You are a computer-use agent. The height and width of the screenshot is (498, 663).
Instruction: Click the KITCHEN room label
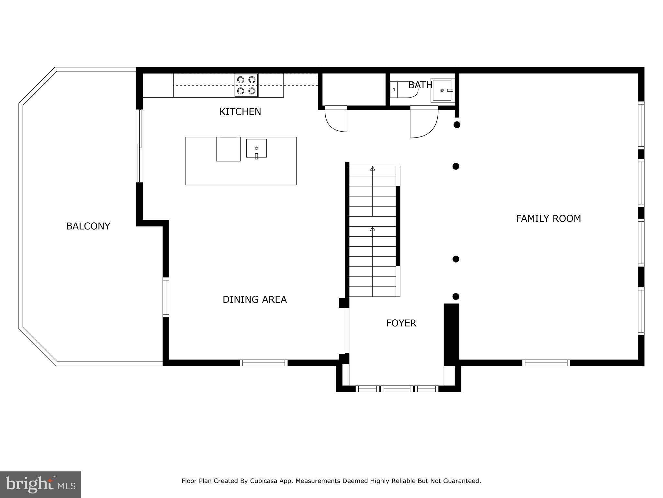pos(240,112)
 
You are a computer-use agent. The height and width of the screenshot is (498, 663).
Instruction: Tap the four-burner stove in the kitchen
pos(246,85)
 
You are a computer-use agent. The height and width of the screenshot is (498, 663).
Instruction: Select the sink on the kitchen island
pos(256,148)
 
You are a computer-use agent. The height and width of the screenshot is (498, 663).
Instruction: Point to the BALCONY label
pos(88,226)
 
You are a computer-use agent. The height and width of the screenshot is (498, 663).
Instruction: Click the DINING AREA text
pos(254,299)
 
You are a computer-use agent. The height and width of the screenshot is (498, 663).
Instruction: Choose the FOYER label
pos(401,323)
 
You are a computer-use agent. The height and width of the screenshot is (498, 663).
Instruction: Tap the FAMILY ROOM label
pos(548,219)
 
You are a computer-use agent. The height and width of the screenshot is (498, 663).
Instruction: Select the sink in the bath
pos(442,90)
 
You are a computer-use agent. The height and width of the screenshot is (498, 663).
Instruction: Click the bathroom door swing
pos(423,123)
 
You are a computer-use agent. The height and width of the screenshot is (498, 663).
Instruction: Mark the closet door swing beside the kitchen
pos(336,119)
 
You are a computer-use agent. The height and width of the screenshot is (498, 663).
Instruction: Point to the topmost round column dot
pos(457,124)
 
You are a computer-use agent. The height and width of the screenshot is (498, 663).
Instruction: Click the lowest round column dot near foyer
pos(456,296)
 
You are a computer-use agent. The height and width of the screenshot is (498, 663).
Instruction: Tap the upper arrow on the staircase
pos(373,169)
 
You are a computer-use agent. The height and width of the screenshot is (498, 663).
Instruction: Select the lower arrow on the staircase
pos(373,229)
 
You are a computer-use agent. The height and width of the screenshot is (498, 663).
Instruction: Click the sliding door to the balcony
pos(140,146)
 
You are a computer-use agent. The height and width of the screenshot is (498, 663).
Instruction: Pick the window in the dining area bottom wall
pos(264,363)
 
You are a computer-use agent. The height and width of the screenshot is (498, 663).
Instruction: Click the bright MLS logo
pos(40,484)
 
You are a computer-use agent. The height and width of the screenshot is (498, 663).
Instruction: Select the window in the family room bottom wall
pos(546,363)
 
